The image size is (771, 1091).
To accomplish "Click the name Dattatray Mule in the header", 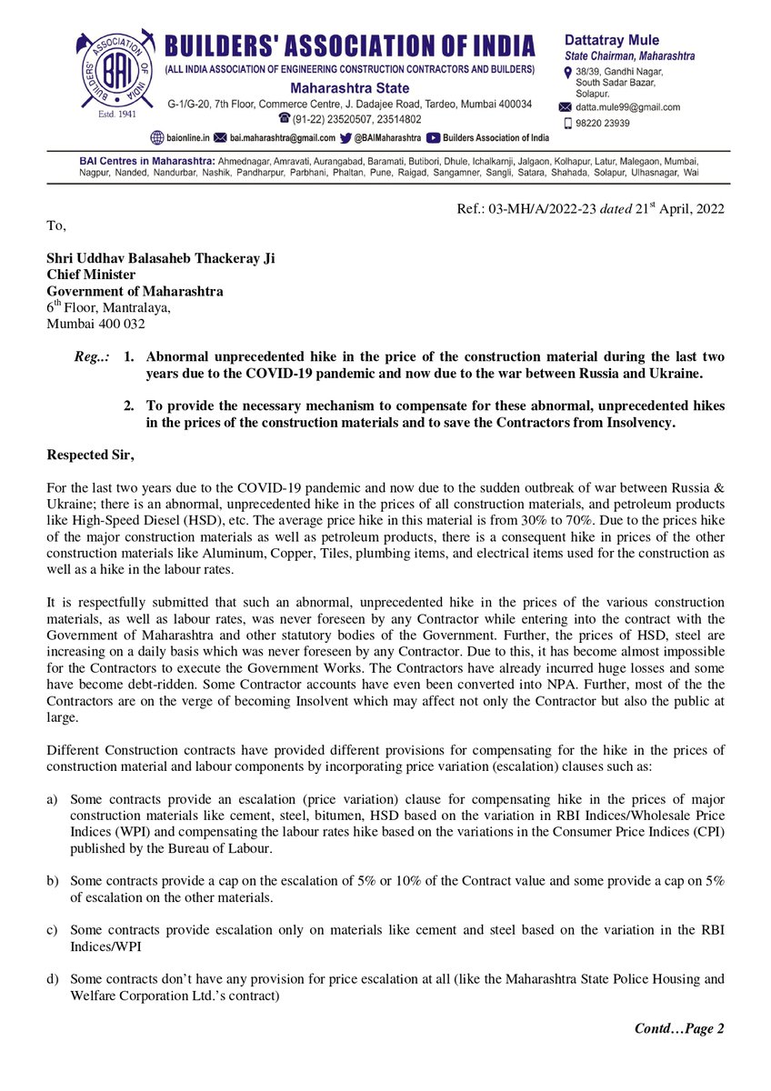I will point(612,40).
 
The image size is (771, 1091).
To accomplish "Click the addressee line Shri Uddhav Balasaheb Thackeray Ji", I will point(161,259).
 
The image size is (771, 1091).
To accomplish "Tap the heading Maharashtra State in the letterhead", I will point(349,88).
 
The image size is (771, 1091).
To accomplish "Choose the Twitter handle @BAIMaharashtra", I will point(387,137).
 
